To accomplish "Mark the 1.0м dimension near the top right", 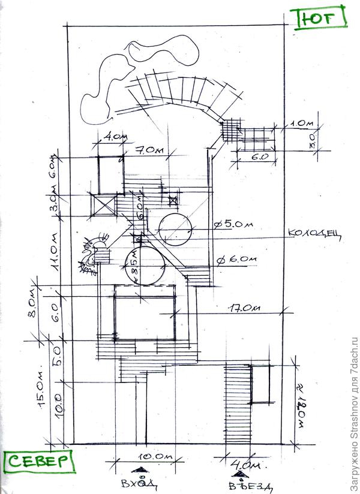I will [x=303, y=124].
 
